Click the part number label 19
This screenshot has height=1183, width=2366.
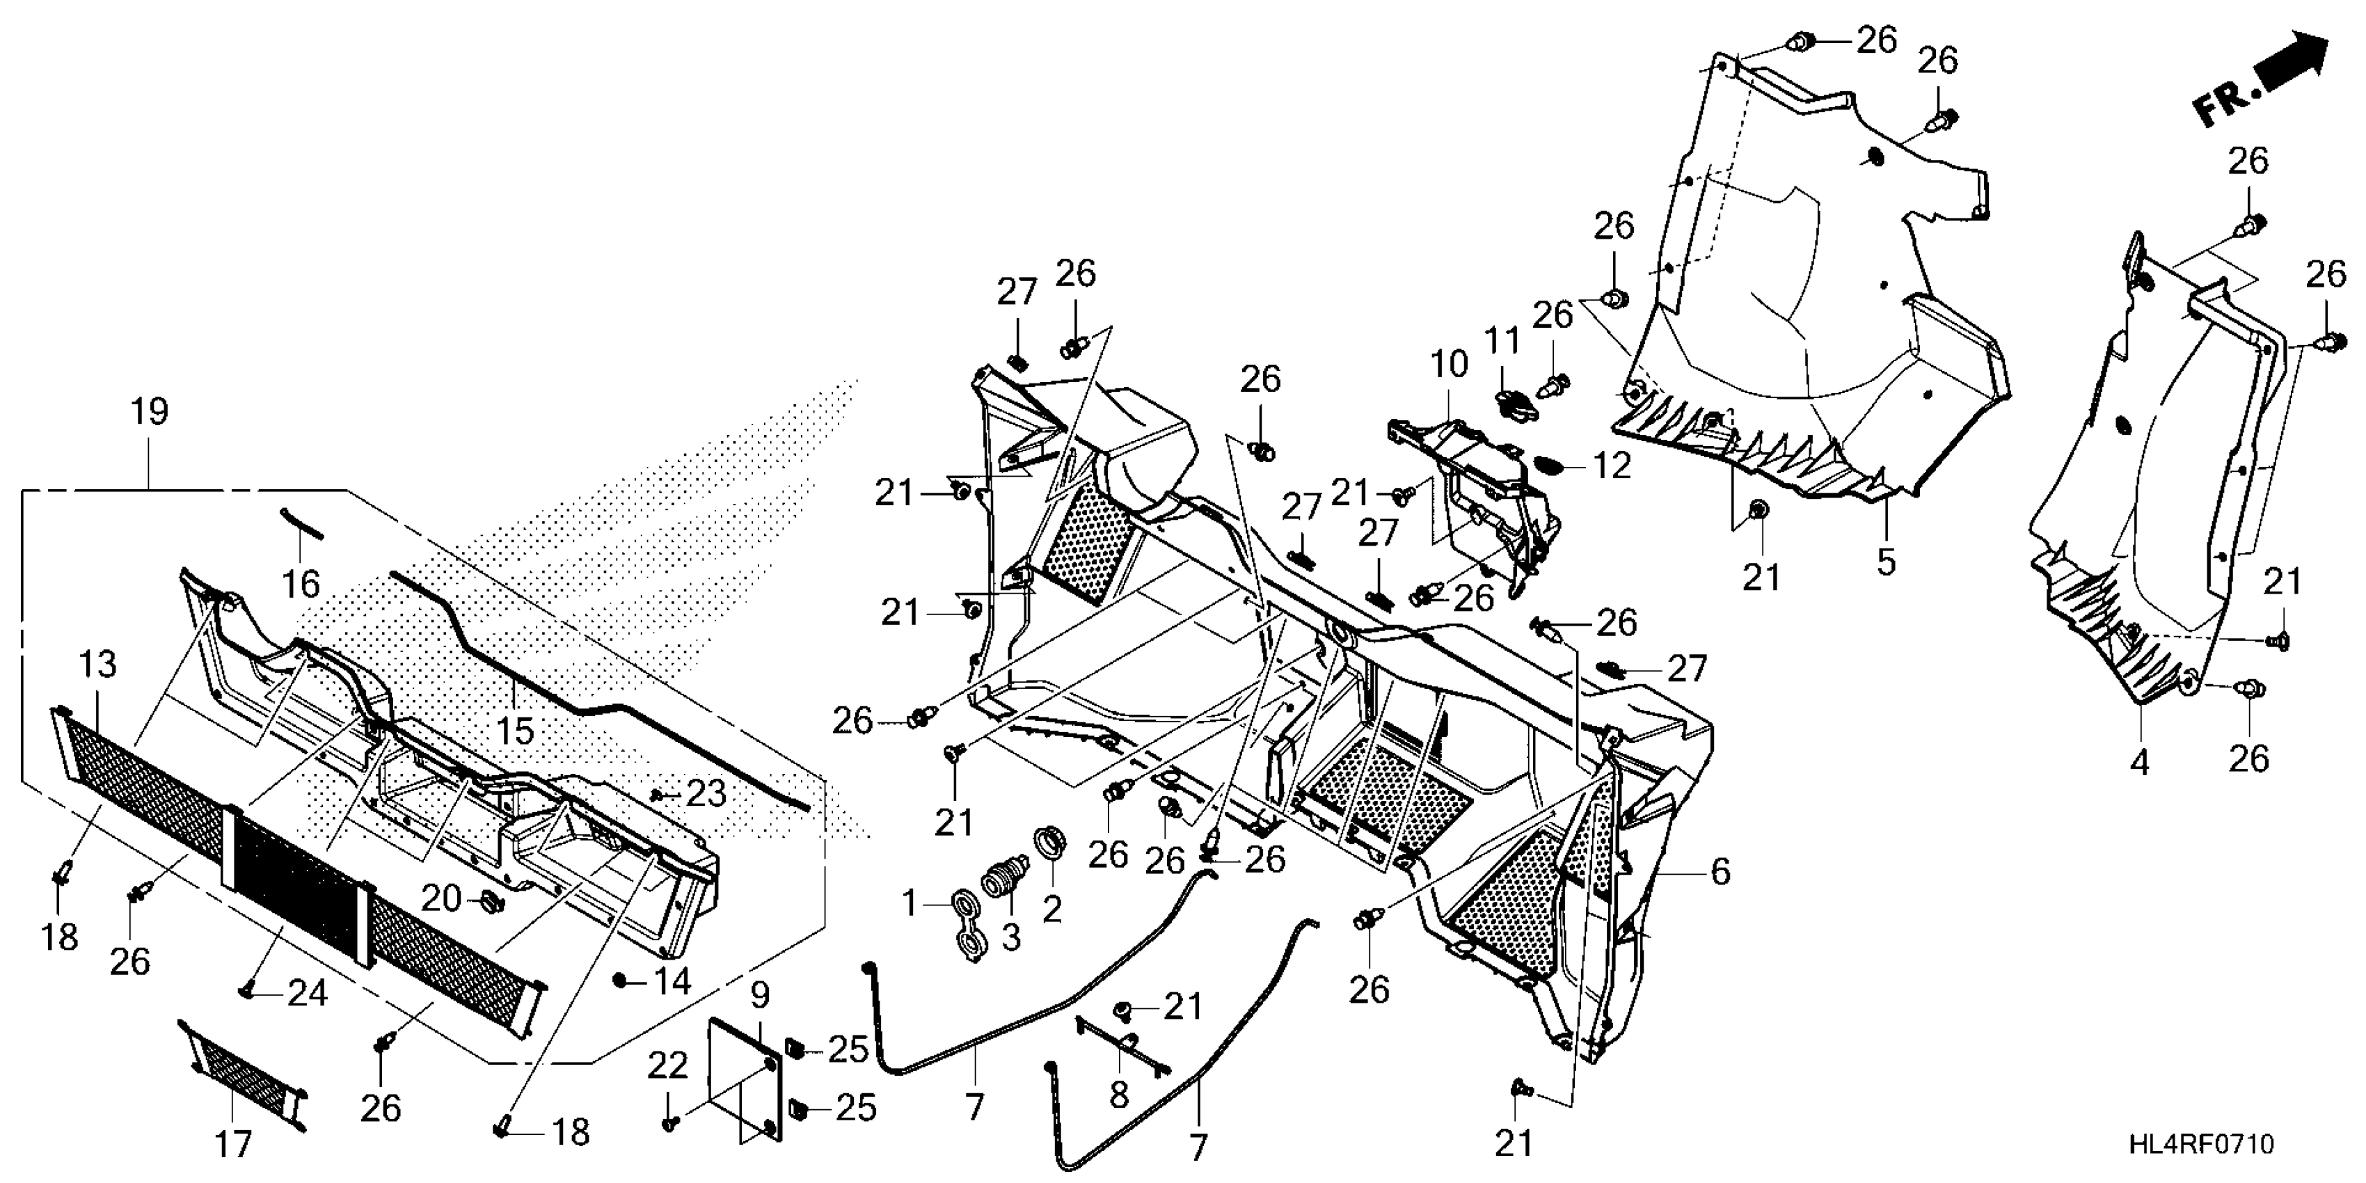[x=150, y=411]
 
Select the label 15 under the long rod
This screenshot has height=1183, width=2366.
[x=514, y=731]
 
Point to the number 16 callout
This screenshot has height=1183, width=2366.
[x=301, y=583]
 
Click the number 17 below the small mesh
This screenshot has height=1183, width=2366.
[x=233, y=1145]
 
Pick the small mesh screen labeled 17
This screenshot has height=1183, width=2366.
[x=244, y=1073]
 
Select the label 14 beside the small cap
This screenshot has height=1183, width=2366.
[x=672, y=982]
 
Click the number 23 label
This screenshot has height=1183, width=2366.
[x=706, y=793]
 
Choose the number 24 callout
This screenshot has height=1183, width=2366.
[x=307, y=993]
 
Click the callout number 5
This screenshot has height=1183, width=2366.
[x=1886, y=561]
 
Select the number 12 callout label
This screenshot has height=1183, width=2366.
[x=1612, y=466]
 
